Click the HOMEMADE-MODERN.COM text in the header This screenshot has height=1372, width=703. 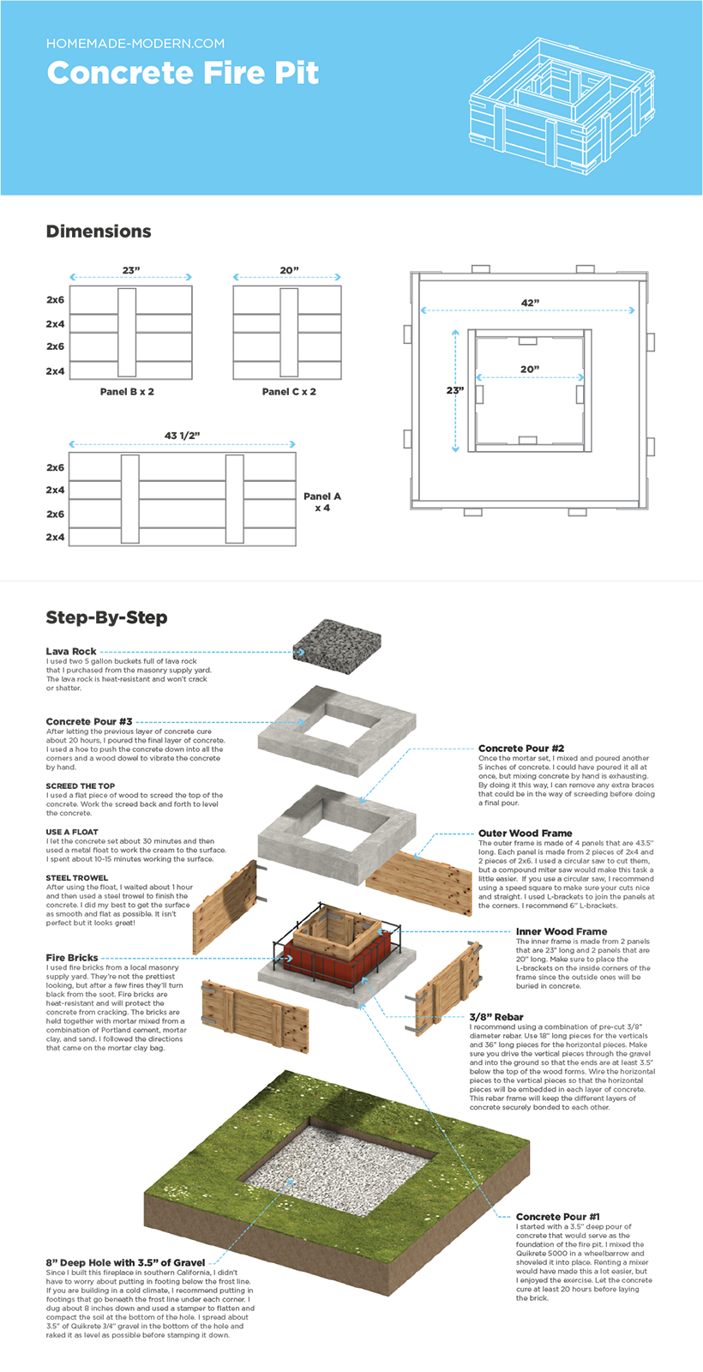[135, 43]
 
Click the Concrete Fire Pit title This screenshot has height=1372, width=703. [183, 73]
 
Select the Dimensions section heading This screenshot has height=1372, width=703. [99, 232]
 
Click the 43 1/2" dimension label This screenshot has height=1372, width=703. [182, 436]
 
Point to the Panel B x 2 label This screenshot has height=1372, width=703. [127, 392]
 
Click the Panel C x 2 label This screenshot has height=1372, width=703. [289, 392]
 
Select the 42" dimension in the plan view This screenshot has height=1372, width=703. [530, 303]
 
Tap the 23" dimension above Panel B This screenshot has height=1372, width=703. [130, 270]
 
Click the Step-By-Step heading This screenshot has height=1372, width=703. [106, 617]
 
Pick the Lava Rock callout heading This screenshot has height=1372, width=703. [71, 652]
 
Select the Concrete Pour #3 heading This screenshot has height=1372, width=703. [89, 722]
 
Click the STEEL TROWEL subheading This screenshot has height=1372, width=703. [77, 878]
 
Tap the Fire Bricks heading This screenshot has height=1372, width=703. [72, 958]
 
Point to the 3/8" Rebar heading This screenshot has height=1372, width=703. [496, 1017]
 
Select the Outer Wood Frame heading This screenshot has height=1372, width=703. [525, 833]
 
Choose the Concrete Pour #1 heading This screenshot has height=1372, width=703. [558, 1217]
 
